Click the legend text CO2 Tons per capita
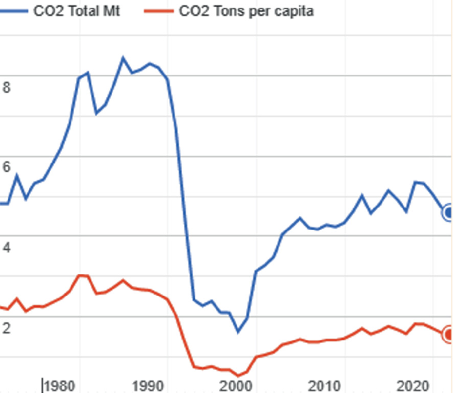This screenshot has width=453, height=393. [251, 11]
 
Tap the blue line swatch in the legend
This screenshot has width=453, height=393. [14, 11]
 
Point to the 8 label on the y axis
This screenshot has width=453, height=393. [7, 87]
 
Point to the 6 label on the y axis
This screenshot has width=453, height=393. [7, 167]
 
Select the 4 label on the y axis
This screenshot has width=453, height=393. [7, 248]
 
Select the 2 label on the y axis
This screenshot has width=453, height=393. [7, 328]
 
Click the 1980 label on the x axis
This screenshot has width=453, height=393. [62, 384]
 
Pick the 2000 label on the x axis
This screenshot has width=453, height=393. [237, 384]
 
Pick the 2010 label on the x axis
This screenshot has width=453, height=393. [325, 384]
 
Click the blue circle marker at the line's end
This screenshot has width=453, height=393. [448, 213]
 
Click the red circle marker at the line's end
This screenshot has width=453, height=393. [448, 334]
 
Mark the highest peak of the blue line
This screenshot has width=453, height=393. [122, 57]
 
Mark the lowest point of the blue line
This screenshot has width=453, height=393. [238, 331]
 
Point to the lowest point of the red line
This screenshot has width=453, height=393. [238, 376]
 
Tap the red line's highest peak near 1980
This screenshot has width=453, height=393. [81, 275]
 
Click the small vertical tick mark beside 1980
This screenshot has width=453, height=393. [43, 384]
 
